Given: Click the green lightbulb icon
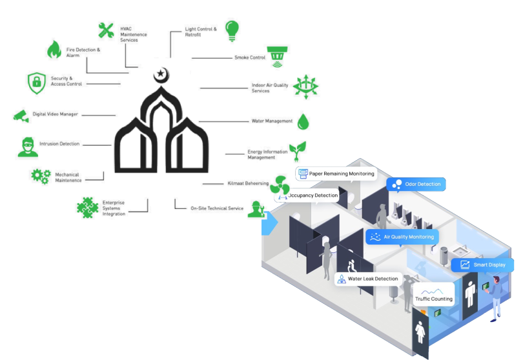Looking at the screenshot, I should point(232,30).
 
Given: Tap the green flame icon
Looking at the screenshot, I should point(54,49).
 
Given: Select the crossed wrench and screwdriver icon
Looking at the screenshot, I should point(106,30).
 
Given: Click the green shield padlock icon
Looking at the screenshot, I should point(36,82).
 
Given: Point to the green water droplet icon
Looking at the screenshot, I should point(303,121).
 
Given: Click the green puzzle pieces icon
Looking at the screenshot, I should point(86,206).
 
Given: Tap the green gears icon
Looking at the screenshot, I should point(41,175).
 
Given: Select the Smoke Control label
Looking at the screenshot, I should point(250,57).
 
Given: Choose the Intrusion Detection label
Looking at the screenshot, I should point(59,144).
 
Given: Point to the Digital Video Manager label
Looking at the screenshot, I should point(56,114).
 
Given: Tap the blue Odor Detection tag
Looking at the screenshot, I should point(416,185).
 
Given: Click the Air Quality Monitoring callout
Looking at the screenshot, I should point(402,237).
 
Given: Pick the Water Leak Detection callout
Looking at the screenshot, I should point(368,279).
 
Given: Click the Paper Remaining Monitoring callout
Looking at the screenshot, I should point(336,174).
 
